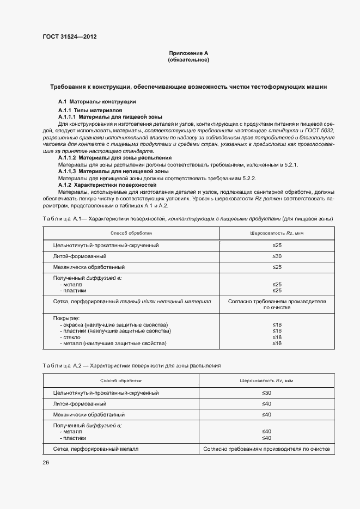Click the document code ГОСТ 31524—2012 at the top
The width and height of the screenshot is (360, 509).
(70, 37)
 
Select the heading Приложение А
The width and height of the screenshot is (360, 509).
(188, 53)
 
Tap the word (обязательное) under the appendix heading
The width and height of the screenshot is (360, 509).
(188, 59)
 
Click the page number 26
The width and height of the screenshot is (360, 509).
(45, 462)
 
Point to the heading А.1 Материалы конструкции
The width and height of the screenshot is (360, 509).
(97, 102)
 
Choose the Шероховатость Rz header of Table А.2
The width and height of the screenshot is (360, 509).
(266, 381)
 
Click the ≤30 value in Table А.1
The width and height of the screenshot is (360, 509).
(277, 256)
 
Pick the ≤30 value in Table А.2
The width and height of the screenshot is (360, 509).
(266, 393)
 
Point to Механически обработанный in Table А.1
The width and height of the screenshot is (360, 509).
(89, 267)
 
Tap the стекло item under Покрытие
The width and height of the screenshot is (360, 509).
(71, 338)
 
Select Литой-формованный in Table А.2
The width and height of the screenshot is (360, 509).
(80, 404)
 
